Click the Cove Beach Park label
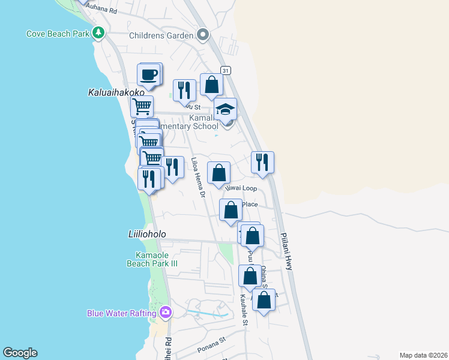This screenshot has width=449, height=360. click(x=57, y=34)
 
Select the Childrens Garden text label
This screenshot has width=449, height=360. click(x=161, y=35)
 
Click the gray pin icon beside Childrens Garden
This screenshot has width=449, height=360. click(x=202, y=35)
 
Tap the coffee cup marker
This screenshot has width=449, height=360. click(x=148, y=75)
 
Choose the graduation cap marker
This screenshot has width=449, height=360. click(x=225, y=110)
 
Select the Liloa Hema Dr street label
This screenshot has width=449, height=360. click(x=198, y=178)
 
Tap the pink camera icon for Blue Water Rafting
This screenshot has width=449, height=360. click(x=166, y=313)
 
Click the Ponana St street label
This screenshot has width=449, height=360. click(x=210, y=347)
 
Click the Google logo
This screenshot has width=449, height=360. click(x=20, y=353)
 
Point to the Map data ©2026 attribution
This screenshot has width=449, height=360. click(x=424, y=355)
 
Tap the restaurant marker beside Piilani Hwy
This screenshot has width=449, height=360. click(x=262, y=162)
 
